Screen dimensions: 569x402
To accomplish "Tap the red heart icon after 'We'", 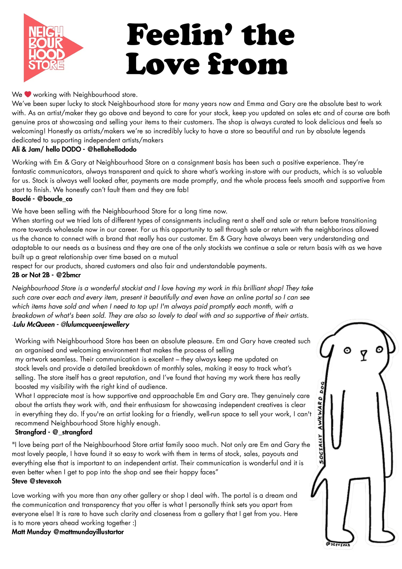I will tap(28, 94).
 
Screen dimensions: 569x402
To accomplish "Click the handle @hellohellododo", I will tap(112, 149).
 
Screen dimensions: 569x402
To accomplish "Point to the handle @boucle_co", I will tap(55, 199).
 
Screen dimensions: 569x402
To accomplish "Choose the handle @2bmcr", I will tap(68, 275).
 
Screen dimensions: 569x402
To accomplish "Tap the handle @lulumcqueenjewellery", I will tap(95, 325).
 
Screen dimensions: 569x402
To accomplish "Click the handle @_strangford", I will tap(72, 432).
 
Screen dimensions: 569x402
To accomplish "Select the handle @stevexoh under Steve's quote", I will tap(45, 481).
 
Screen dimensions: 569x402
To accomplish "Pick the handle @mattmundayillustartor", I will tap(89, 532).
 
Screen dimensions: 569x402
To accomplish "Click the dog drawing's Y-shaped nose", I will tap(363, 355).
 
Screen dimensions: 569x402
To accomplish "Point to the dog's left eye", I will tap(347, 350).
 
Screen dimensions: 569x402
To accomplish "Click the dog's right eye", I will tap(379, 349).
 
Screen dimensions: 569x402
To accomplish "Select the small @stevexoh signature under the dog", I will tap(338, 544).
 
